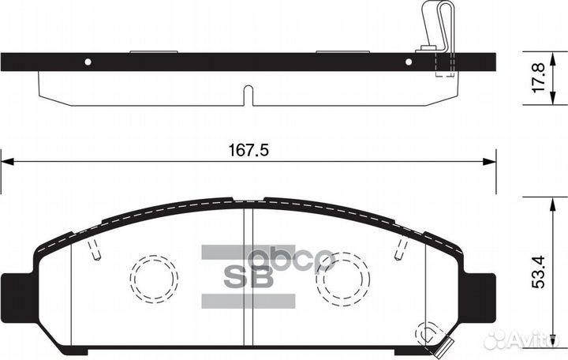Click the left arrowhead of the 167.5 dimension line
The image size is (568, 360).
click(6, 162)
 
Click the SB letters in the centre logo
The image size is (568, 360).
click(249, 276)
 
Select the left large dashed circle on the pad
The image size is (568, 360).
click(154, 278)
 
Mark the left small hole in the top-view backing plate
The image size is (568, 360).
click(88, 62)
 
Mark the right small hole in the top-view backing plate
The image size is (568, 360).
click(409, 62)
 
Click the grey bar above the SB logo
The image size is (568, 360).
click(249, 252)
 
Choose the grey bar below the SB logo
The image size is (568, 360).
click(249, 301)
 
